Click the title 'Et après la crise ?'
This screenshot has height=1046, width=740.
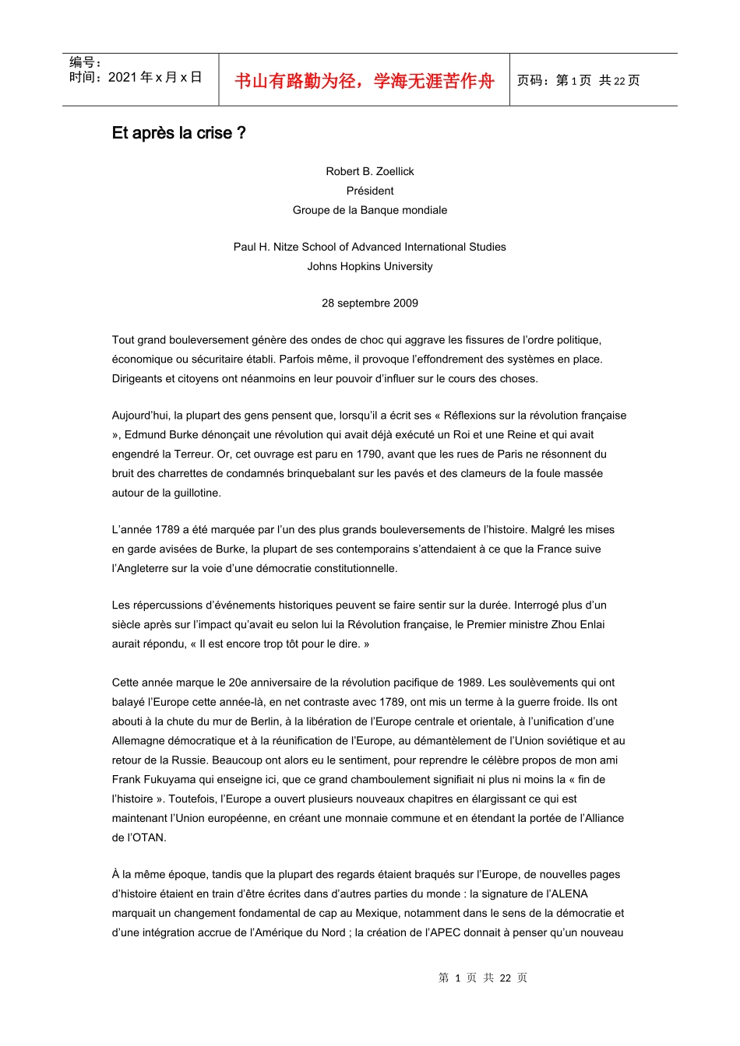point(178,133)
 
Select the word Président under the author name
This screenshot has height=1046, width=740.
point(370,191)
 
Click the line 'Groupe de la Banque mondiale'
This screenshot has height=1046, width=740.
point(370,210)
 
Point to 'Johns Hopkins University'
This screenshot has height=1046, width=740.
point(370,266)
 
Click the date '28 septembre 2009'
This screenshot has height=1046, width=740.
point(370,303)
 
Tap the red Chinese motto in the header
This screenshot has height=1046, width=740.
point(364,81)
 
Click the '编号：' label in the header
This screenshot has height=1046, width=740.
point(85,62)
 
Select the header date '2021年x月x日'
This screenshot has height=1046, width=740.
point(155,77)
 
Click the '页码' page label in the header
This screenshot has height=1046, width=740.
point(532,81)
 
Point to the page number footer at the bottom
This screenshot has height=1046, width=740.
point(483,978)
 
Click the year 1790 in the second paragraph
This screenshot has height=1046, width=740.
point(369,454)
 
